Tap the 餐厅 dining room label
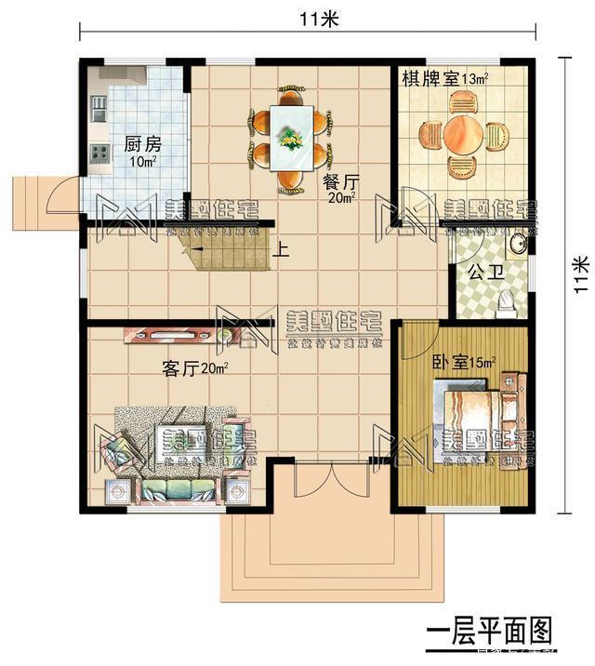339,181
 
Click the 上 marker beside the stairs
280,249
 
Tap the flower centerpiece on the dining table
292,139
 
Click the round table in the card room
462,136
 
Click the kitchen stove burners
99,153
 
